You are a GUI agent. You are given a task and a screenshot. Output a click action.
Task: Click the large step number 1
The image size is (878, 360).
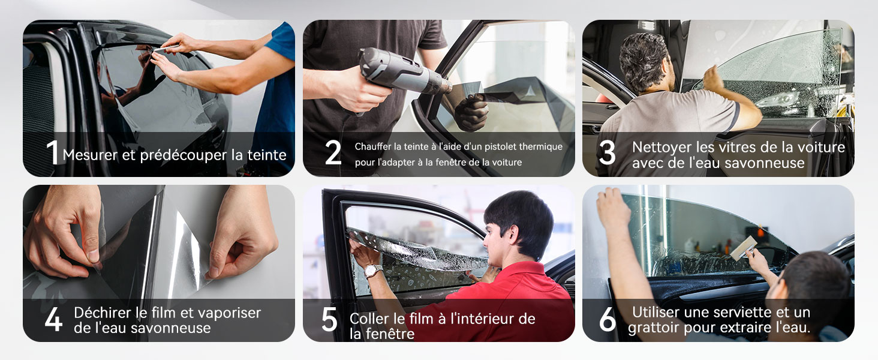coord(53,152)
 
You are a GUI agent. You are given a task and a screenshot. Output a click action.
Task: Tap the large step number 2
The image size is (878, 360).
coord(333,152)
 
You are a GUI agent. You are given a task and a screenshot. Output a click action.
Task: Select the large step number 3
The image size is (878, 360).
coord(607,152)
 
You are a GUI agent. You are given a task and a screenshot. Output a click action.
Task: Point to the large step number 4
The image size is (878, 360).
coord(53,319)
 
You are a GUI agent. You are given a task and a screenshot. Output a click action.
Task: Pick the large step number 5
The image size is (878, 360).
coord(329,319)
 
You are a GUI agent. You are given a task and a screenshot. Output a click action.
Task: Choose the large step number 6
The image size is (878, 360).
coord(608,319)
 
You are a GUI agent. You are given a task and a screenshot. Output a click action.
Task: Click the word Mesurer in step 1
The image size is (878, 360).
coord(90,155)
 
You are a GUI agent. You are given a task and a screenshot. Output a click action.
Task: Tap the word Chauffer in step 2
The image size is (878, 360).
coord(373,146)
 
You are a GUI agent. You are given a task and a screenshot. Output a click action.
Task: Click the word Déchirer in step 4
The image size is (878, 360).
coord(103,313)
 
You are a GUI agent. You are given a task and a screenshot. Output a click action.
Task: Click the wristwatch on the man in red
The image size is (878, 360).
coord(373,270)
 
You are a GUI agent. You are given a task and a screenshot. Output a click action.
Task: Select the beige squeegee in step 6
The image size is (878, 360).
coord(744,248)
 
